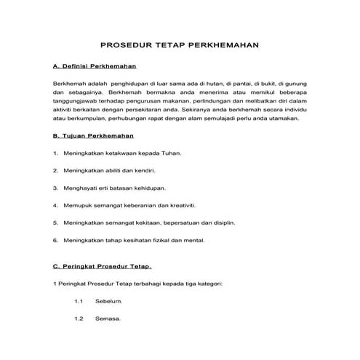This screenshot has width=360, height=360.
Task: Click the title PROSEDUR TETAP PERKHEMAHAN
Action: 179,44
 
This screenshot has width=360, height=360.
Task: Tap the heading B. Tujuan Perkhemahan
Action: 93,135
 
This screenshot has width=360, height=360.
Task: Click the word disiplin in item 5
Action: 223,223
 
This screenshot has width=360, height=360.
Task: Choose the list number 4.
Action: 56,205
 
